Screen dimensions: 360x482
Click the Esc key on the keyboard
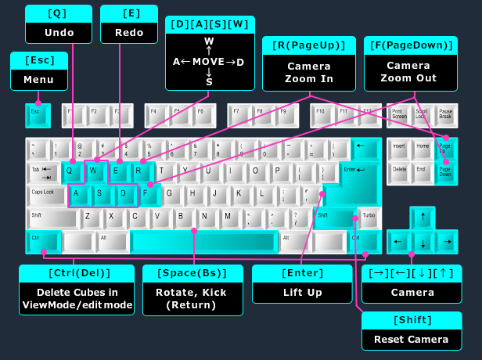coord(37,114)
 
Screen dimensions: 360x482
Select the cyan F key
coord(149,193)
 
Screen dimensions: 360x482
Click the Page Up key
coord(445,148)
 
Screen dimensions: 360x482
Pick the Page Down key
coord(445,171)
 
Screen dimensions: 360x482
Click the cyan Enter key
coord(353,182)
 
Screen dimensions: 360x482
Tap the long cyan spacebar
coord(202,240)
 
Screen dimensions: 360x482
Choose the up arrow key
coord(423,217)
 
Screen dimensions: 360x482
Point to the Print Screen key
coord(398,114)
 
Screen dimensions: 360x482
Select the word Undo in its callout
coord(58,33)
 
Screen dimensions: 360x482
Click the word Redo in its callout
coord(129,33)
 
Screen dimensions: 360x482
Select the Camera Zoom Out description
coord(408,72)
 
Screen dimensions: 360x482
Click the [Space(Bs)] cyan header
coord(192,273)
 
